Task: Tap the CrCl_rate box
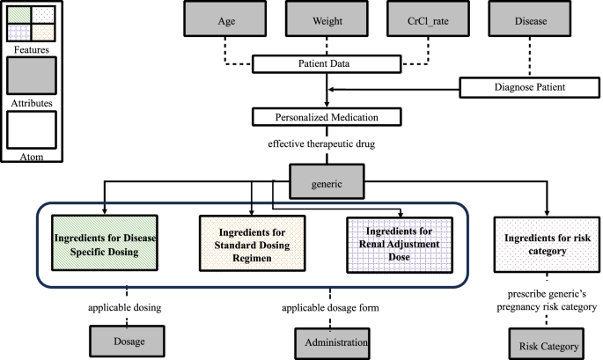pyautogui.click(x=427, y=19)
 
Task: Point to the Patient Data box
pyautogui.click(x=327, y=64)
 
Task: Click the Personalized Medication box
pyautogui.click(x=327, y=116)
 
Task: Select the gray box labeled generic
pyautogui.click(x=327, y=184)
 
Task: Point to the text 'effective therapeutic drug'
pyautogui.click(x=327, y=142)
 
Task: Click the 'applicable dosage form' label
pyautogui.click(x=329, y=308)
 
